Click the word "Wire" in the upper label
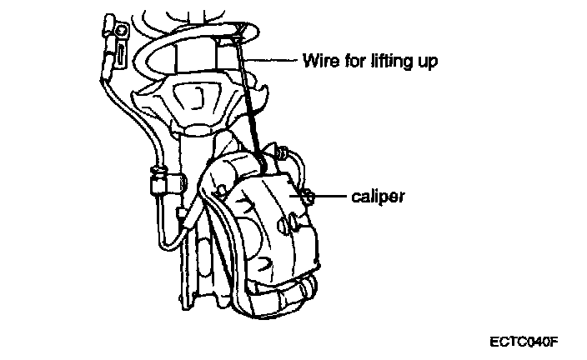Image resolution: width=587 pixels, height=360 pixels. point(317,60)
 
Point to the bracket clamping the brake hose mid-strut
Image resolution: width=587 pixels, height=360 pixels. point(157,178)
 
